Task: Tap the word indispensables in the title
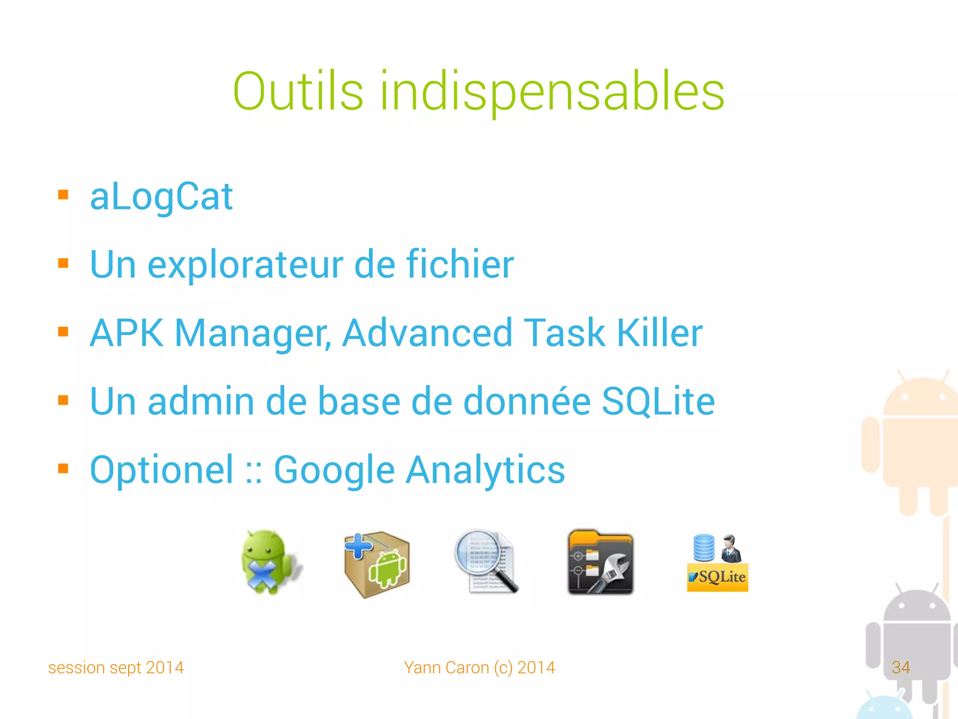552,92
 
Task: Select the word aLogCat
161,197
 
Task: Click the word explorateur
246,265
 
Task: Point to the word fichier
460,264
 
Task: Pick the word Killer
660,333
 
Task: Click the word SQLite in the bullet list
658,401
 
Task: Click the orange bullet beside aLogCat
63,195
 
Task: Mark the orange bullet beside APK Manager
63,332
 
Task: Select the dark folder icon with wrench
601,562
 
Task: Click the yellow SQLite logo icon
717,577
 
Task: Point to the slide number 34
900,668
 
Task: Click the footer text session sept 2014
116,668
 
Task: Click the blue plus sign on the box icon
358,546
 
